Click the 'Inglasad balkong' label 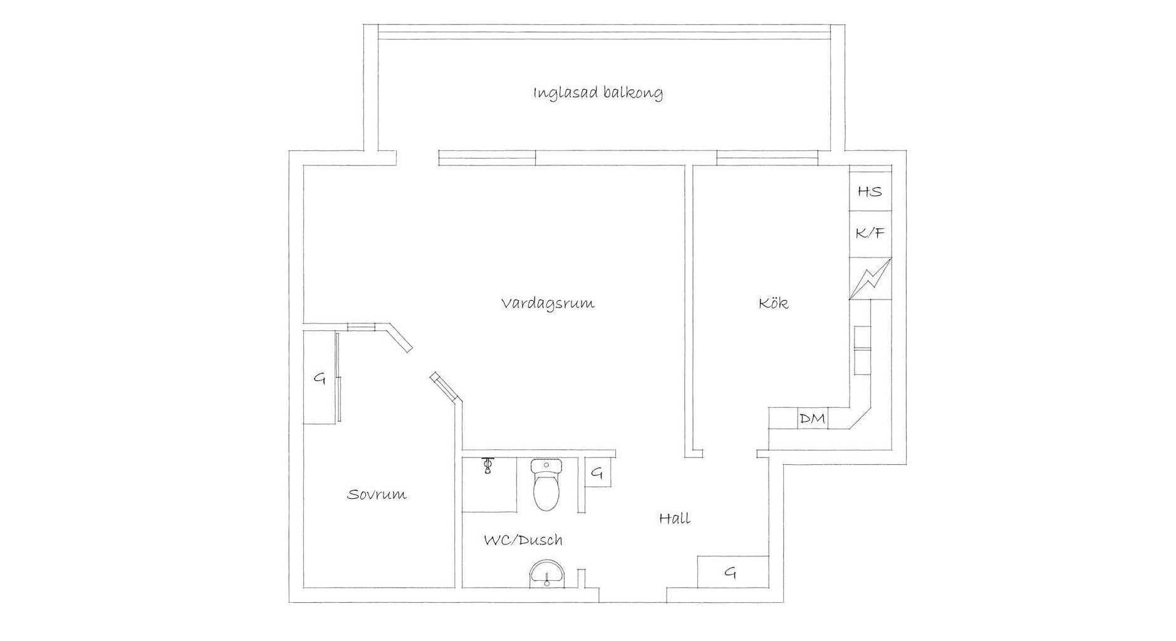[598, 94]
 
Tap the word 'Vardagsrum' [548, 304]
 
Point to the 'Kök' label [773, 303]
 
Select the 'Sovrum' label [377, 494]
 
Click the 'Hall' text [675, 518]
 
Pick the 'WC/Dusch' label [523, 540]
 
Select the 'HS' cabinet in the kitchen [870, 191]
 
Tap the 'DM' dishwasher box [813, 419]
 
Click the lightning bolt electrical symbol [870, 279]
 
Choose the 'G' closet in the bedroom [320, 377]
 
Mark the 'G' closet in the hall [732, 571]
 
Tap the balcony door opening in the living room [417, 158]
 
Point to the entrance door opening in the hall [632, 595]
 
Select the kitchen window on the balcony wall [767, 158]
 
